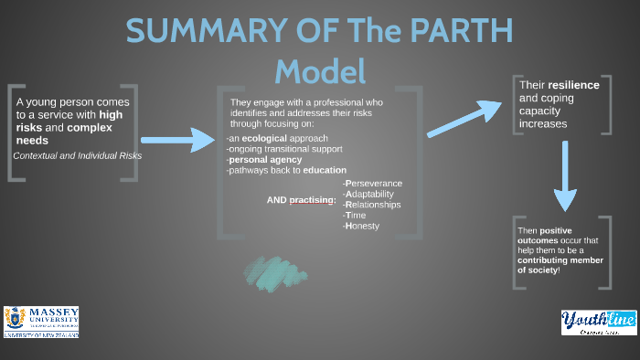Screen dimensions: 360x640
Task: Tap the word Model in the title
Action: (320, 70)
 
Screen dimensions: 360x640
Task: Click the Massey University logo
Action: (41, 322)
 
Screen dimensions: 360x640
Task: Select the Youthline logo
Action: (592, 322)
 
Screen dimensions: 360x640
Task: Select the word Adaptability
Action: (370, 194)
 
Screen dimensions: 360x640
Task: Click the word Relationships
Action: (372, 205)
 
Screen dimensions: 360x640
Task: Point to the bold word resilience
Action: (573, 85)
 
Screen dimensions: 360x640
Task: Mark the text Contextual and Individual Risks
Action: (78, 155)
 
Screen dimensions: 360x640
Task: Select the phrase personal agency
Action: (265, 160)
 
